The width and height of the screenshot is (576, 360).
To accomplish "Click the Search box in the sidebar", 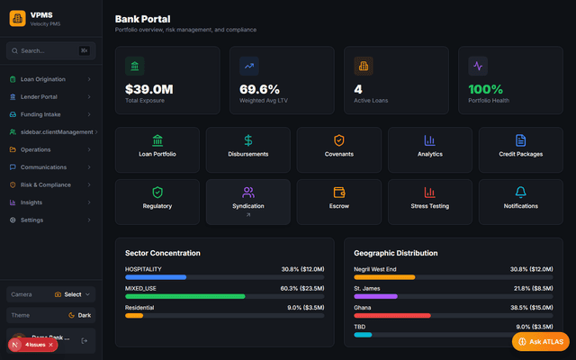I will pyautogui.click(x=49, y=50).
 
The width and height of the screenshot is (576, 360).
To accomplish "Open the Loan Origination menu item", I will pyautogui.click(x=43, y=79).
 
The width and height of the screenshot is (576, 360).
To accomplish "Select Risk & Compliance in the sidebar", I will pyautogui.click(x=45, y=184).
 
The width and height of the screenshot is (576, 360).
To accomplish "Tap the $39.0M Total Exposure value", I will pyautogui.click(x=148, y=89).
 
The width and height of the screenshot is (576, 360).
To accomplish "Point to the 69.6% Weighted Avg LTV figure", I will pyautogui.click(x=259, y=89).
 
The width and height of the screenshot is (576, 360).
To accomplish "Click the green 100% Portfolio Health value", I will pyautogui.click(x=487, y=89).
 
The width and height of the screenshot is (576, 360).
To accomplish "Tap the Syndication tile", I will pyautogui.click(x=248, y=200).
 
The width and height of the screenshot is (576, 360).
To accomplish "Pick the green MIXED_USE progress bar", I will pyautogui.click(x=184, y=296).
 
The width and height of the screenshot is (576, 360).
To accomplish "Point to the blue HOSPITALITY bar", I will pyautogui.click(x=156, y=277).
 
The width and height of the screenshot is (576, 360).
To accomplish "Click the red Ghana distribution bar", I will pyautogui.click(x=392, y=315).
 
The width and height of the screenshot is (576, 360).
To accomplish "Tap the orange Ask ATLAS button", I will pyautogui.click(x=540, y=342).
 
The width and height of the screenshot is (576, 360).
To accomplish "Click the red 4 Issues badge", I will pyautogui.click(x=33, y=345).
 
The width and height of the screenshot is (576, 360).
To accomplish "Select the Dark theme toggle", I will pyautogui.click(x=79, y=315).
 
